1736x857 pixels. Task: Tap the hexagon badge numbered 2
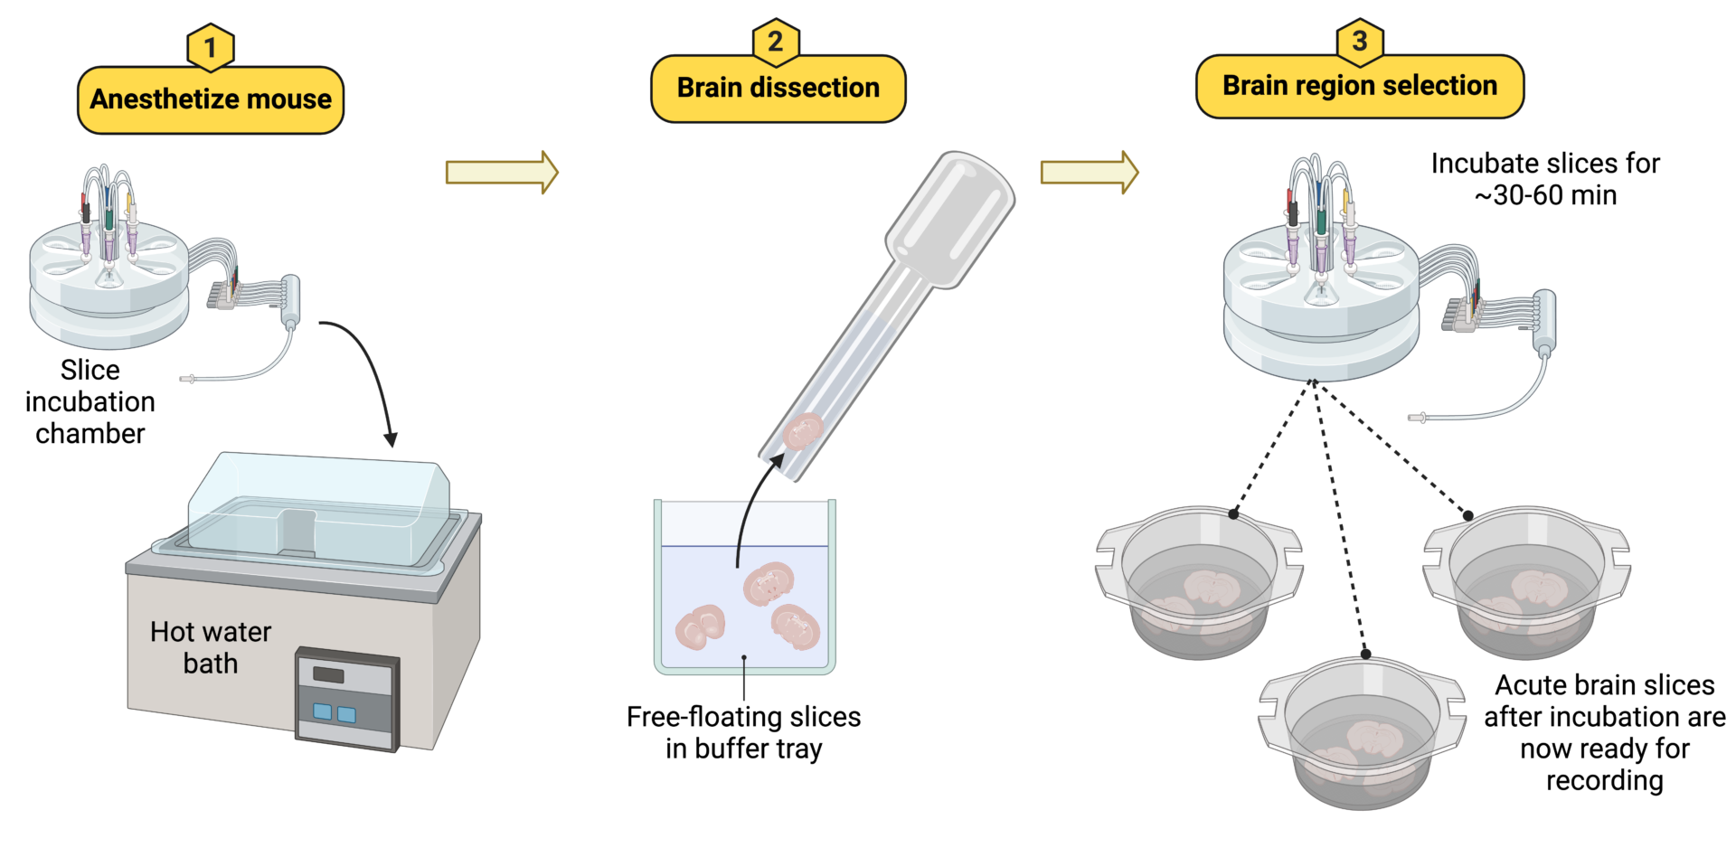(x=776, y=42)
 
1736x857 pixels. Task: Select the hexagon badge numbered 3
(x=1359, y=41)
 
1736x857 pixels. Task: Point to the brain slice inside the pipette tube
(x=802, y=431)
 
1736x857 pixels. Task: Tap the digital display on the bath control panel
(x=328, y=674)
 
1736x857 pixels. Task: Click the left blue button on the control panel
(x=322, y=711)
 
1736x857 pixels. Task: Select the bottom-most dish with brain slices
(x=1361, y=732)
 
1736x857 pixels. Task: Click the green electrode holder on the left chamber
(x=109, y=220)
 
